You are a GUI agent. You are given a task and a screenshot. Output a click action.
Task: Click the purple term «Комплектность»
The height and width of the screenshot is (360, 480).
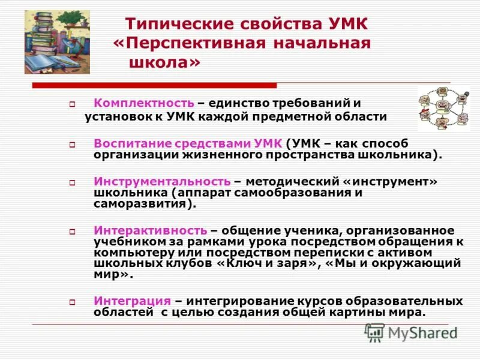(144, 103)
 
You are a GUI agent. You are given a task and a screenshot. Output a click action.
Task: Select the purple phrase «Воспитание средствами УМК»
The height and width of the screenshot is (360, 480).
(188, 144)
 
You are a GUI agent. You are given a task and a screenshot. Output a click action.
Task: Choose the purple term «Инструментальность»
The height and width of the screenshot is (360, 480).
(162, 181)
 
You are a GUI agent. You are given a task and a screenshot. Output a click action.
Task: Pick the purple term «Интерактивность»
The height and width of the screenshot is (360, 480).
(151, 231)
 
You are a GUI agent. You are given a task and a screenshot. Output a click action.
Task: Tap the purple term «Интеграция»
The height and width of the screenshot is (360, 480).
(133, 301)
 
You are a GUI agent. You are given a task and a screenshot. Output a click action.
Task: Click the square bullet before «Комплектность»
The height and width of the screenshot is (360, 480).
(71, 104)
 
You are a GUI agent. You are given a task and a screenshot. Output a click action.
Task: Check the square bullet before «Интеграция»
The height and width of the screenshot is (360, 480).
(71, 302)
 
